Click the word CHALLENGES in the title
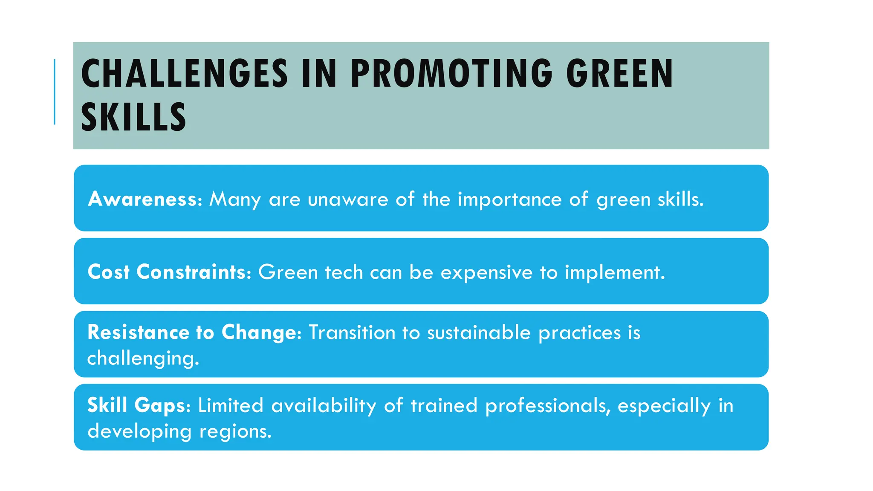click(184, 74)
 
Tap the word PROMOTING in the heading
click(452, 74)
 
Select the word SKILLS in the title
click(133, 117)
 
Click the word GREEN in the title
click(619, 74)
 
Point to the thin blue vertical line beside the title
click(55, 92)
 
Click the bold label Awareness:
click(145, 199)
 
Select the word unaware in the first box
click(348, 199)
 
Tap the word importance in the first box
click(509, 199)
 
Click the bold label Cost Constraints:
click(169, 272)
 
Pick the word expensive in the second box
click(486, 272)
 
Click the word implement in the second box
click(614, 272)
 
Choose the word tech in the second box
click(344, 272)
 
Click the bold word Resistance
click(138, 332)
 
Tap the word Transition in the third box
click(352, 332)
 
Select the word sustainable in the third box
click(479, 332)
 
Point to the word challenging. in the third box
click(143, 358)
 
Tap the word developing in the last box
click(140, 431)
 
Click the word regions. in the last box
click(235, 431)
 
